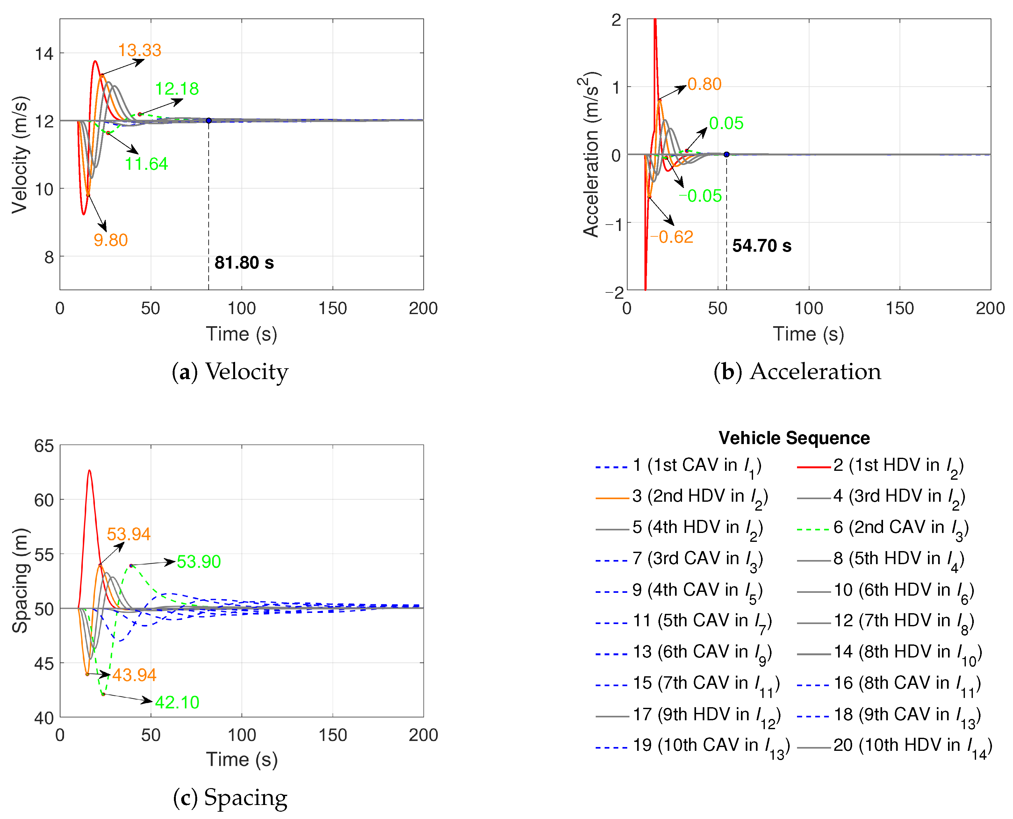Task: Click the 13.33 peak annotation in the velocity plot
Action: pos(139,50)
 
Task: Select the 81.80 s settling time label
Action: pos(244,263)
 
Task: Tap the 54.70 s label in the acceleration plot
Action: pos(762,246)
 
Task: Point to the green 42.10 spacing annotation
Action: pos(177,702)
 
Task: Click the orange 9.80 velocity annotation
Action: pos(111,240)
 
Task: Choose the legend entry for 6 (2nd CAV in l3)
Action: pos(882,528)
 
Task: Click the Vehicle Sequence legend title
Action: pos(794,438)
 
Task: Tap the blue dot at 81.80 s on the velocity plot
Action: pos(209,121)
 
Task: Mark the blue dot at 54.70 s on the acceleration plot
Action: pos(727,154)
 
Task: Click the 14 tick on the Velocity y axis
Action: pos(44,54)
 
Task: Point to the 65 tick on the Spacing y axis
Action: pos(44,446)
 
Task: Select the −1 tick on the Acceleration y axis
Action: pos(613,224)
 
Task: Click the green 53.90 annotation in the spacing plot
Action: pos(199,561)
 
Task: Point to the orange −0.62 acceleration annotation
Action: pos(672,237)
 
